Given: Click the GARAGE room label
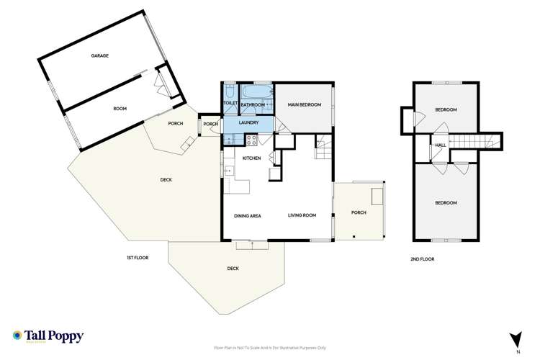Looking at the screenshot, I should (99, 55).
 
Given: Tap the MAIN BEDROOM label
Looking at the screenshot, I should (303, 105).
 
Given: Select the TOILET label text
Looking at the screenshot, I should (230, 104).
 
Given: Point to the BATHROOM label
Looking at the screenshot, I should (253, 105).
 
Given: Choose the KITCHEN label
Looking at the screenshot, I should (251, 158).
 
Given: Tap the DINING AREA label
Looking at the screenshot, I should (247, 215).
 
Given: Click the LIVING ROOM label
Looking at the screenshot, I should (302, 215).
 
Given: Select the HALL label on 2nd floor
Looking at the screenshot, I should (440, 145).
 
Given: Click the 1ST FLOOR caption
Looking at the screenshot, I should (137, 258).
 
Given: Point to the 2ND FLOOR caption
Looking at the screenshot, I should (423, 258).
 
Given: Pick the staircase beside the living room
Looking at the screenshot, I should (321, 150).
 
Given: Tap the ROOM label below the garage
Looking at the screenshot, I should (120, 108).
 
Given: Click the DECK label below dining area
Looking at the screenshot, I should (233, 269).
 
